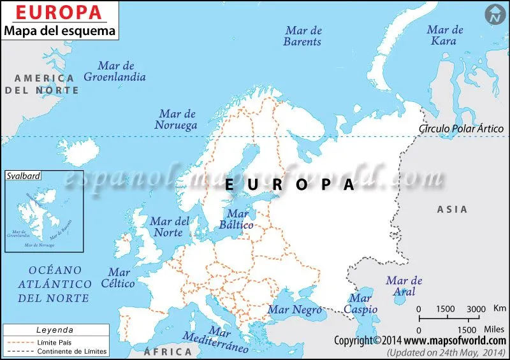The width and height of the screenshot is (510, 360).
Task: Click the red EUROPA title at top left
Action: click(58, 11)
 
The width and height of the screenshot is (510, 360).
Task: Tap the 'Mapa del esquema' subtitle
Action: click(61, 30)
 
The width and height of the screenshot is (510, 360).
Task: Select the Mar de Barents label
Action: click(303, 36)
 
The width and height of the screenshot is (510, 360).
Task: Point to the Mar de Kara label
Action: click(444, 35)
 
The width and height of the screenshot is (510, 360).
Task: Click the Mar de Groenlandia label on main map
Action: click(115, 71)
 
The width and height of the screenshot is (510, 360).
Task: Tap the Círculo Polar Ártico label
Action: click(461, 128)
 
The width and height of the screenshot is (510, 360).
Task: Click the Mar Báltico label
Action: click(237, 219)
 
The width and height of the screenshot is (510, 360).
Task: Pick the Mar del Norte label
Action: click(170, 227)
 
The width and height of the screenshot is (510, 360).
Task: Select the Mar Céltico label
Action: click(119, 278)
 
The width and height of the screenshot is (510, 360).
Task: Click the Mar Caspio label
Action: click(360, 303)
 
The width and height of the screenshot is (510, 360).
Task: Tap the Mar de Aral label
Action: click(404, 285)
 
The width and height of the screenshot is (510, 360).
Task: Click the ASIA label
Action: click(452, 209)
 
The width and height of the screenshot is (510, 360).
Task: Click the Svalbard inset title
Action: click(19, 175)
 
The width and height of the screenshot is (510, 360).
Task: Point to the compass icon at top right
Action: click(493, 13)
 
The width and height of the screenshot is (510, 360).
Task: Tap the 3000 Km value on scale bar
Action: click(476, 309)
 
